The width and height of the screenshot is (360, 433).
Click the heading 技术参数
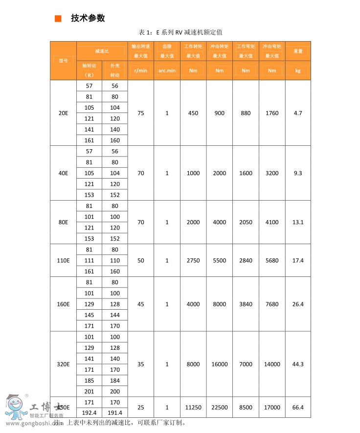click(x=88, y=19)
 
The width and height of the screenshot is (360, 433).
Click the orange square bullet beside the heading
click(x=58, y=19)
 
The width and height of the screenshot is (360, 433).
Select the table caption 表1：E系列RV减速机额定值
click(x=180, y=32)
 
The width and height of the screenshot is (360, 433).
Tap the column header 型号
click(x=63, y=60)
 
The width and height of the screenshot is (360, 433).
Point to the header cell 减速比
click(x=102, y=51)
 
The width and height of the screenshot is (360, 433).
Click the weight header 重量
click(x=298, y=51)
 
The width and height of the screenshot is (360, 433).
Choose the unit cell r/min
click(x=141, y=70)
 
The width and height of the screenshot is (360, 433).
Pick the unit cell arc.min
click(x=167, y=70)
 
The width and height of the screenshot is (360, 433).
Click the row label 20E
click(x=63, y=113)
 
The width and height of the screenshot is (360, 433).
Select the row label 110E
click(x=63, y=260)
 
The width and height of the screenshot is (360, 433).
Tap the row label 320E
click(x=63, y=364)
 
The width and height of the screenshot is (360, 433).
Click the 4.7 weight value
click(x=298, y=113)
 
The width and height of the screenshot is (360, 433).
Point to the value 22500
click(x=220, y=408)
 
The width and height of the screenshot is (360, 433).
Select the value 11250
click(x=193, y=408)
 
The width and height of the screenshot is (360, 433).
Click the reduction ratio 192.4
click(x=89, y=413)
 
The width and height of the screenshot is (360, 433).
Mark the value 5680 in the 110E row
click(x=272, y=260)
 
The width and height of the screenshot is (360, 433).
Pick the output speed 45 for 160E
click(x=141, y=304)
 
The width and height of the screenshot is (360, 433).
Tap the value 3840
click(x=246, y=304)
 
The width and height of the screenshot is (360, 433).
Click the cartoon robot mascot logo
click(x=16, y=406)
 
